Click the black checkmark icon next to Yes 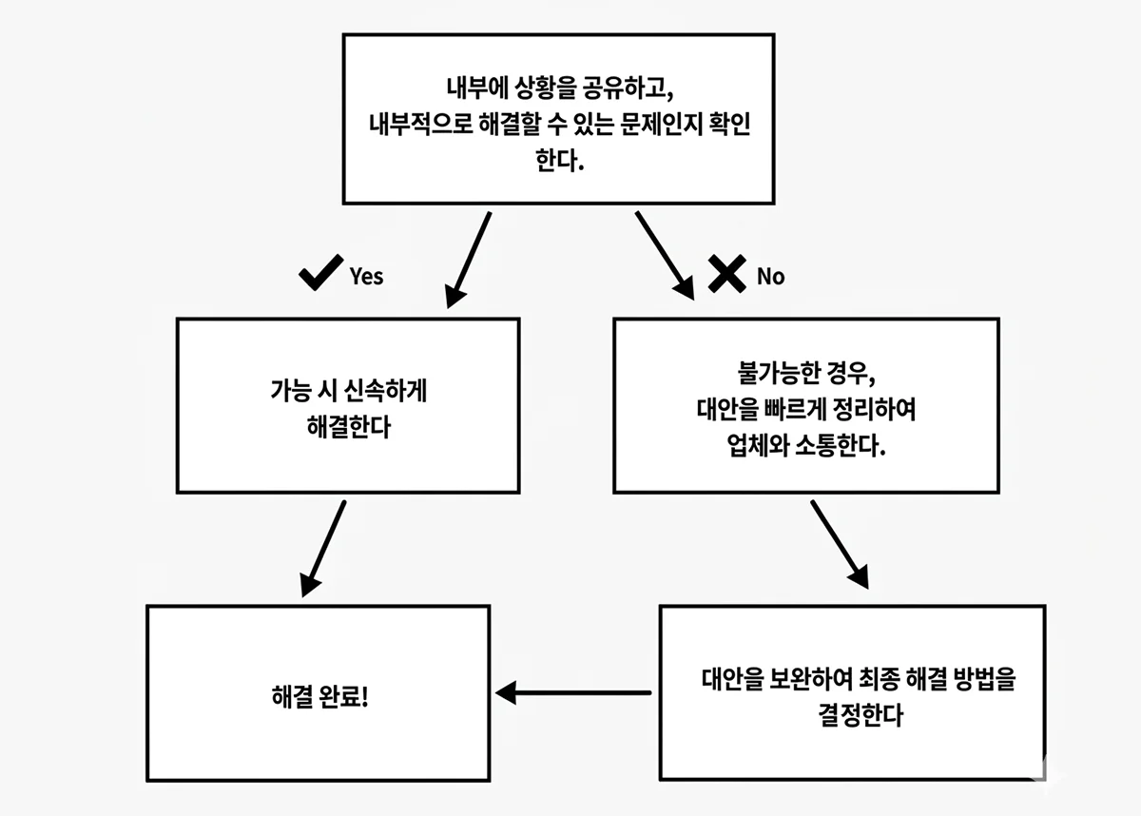click(x=320, y=275)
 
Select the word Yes click(x=366, y=276)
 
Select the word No click(x=770, y=276)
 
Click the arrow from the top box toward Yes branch click(x=468, y=259)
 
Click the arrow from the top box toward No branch click(x=666, y=254)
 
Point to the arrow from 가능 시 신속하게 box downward click(x=323, y=548)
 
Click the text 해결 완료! click(x=319, y=695)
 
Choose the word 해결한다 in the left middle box click(x=348, y=427)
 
